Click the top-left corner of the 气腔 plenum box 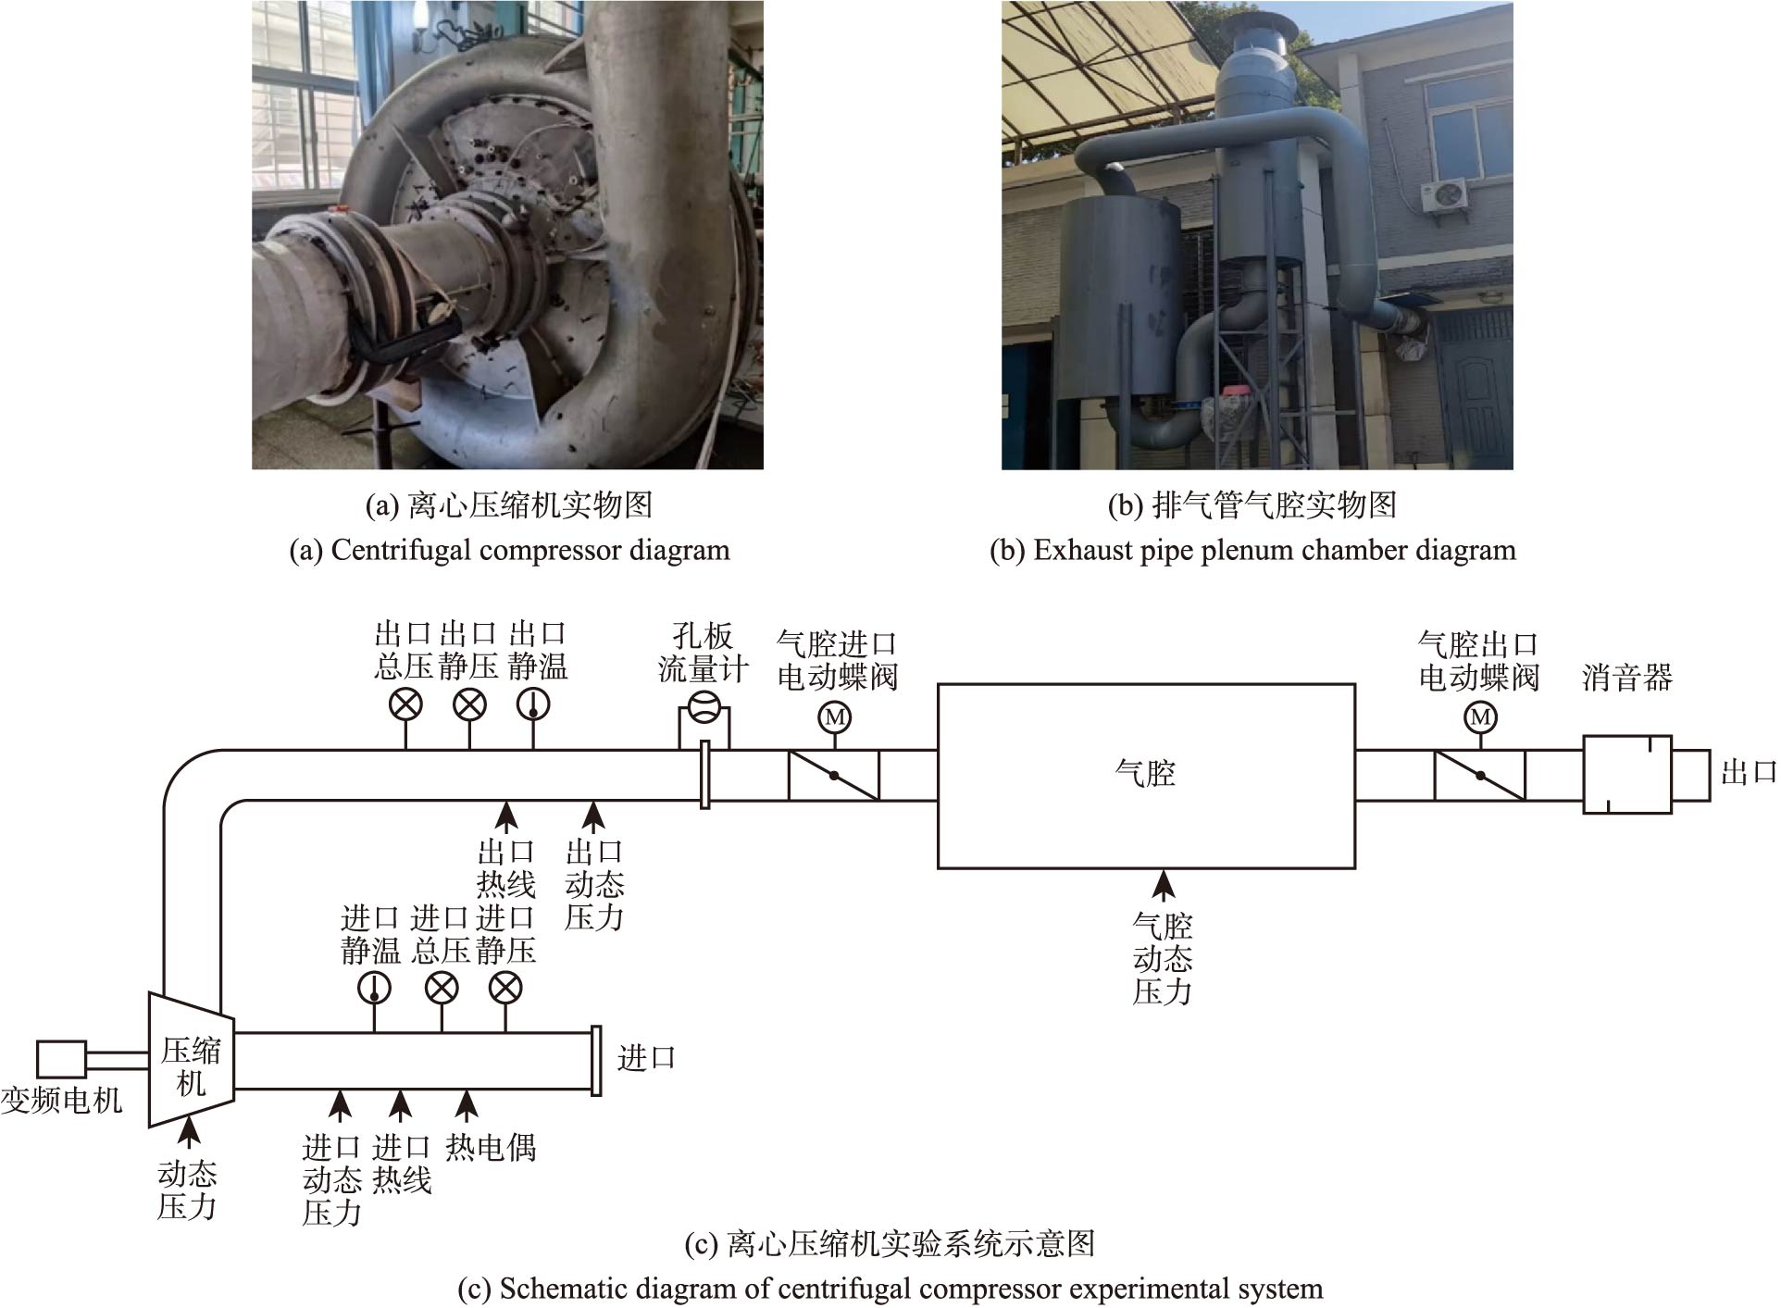tap(939, 685)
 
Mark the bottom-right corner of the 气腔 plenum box tap(1355, 868)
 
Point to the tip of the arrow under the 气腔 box tap(1164, 870)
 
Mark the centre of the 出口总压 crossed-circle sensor tap(405, 704)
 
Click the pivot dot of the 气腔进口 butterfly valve tap(834, 776)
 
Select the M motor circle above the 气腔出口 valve tap(1480, 716)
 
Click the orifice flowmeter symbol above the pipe tap(704, 709)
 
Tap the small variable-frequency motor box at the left tap(61, 1060)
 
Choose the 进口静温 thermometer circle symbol tap(374, 989)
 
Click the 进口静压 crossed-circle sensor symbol tap(505, 989)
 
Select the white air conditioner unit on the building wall tap(1444, 195)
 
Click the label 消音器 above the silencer tap(1627, 678)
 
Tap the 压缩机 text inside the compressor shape tap(191, 1066)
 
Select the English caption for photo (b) tap(1252, 550)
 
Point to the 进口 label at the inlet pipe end tap(646, 1058)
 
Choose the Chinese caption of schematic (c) tap(890, 1243)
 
